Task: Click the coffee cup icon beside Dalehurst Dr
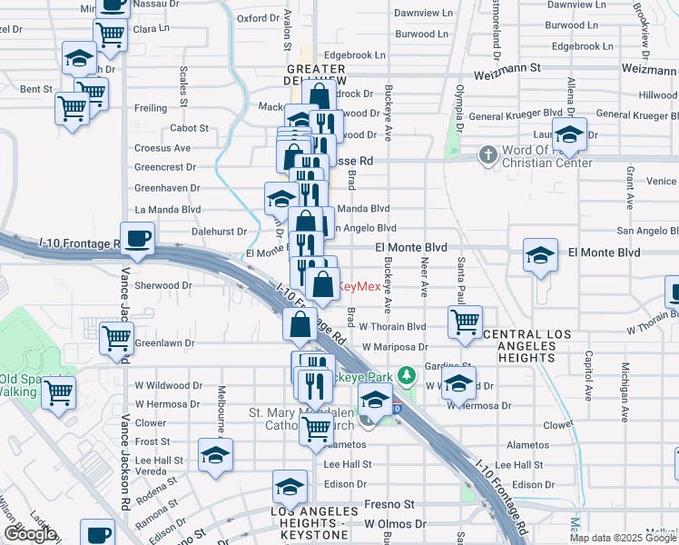click(138, 239)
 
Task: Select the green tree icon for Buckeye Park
click(408, 373)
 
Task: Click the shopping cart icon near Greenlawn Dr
click(117, 338)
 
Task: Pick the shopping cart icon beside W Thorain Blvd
click(465, 321)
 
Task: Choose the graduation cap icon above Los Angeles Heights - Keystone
click(290, 487)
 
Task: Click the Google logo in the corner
click(31, 534)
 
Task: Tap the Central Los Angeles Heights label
click(528, 342)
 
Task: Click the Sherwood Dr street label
click(163, 284)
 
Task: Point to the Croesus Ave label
click(162, 147)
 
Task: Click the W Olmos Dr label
click(396, 524)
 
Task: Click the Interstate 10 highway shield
click(398, 409)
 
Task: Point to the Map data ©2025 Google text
click(622, 538)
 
